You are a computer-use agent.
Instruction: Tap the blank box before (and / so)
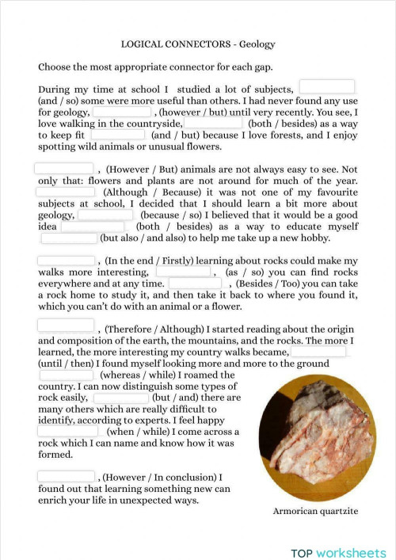pyautogui.click(x=326, y=87)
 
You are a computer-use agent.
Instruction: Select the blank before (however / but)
pyautogui.click(x=122, y=112)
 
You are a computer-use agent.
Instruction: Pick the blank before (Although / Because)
pyautogui.click(x=66, y=191)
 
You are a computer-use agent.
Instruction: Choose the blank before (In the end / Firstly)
pyautogui.click(x=66, y=260)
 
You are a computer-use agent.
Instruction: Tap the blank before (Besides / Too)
pyautogui.click(x=195, y=283)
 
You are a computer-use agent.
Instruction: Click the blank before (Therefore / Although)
pyautogui.click(x=66, y=326)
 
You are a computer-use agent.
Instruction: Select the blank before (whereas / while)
pyautogui.click(x=66, y=375)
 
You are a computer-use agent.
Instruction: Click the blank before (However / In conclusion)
pyautogui.click(x=66, y=477)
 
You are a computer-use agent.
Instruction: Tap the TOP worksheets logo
pyautogui.click(x=338, y=552)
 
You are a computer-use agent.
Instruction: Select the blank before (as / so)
pyautogui.click(x=182, y=271)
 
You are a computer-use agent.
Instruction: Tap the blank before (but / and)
pyautogui.click(x=120, y=398)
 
